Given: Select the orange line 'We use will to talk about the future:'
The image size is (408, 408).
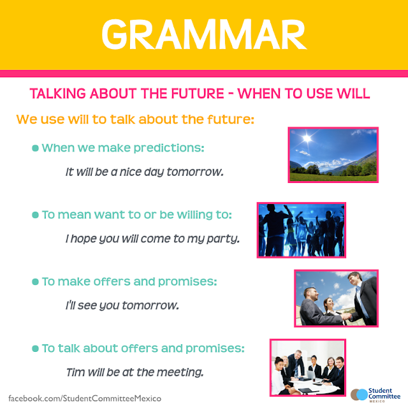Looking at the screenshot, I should [x=135, y=120].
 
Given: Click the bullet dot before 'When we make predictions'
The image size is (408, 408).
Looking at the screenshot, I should [x=35, y=148].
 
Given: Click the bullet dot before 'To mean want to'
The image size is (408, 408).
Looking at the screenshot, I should [x=35, y=215].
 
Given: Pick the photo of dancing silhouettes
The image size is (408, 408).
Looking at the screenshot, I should [x=301, y=230].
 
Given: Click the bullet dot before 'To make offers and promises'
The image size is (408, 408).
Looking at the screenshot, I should [x=35, y=281].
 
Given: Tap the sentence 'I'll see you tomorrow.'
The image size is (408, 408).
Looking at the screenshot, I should [x=122, y=305].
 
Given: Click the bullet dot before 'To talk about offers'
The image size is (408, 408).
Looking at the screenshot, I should [x=35, y=348].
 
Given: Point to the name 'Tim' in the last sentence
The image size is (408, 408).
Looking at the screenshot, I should [x=75, y=372].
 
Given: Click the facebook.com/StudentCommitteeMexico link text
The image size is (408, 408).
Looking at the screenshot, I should [x=81, y=398].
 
